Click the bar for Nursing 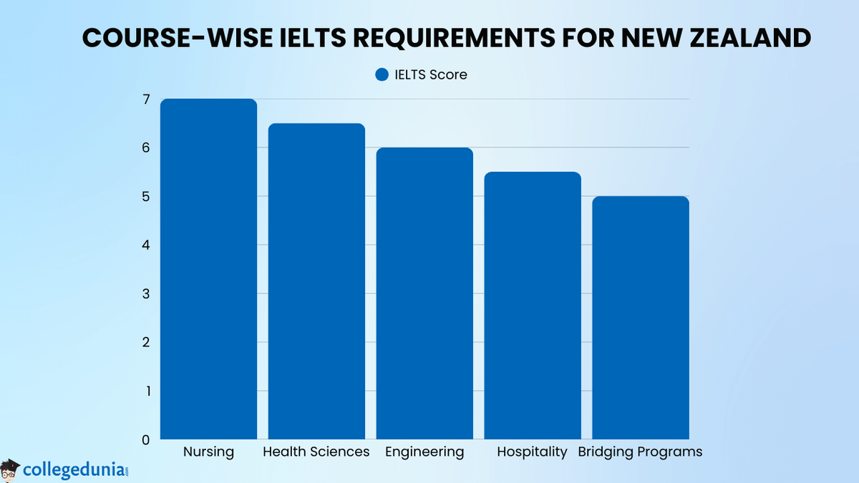point(208,269)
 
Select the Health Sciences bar point(316,281)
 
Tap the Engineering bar point(424,293)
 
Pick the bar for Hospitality point(533,306)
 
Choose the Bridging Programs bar point(641,318)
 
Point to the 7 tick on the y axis point(146,99)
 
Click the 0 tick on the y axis point(146,439)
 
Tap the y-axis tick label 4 point(146,245)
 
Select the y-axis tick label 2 point(146,342)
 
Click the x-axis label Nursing point(208,452)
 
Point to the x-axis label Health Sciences point(316,452)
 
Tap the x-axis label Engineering point(424,452)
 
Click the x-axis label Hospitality point(533,452)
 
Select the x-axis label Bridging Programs point(640,452)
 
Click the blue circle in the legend point(382,74)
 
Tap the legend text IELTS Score point(431,74)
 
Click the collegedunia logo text point(74,469)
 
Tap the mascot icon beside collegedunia point(11,469)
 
